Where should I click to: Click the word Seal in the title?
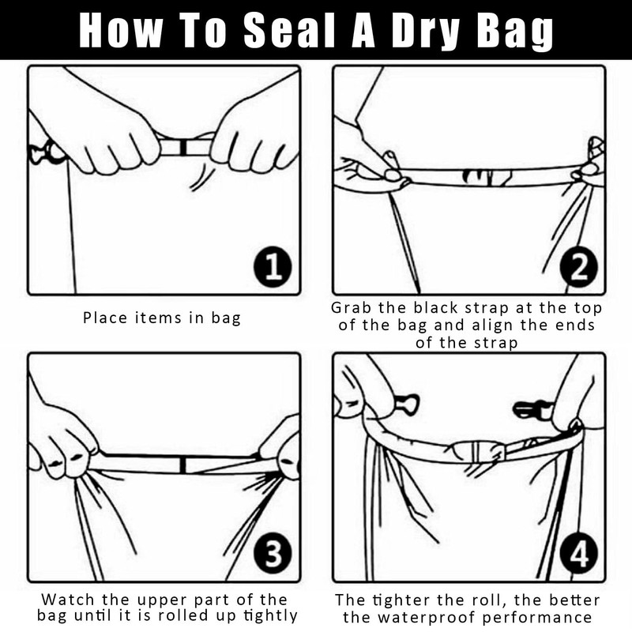pos(290,31)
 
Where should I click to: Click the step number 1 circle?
pos(273,266)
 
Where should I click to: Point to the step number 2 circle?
pos(579,266)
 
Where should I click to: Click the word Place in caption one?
pos(106,318)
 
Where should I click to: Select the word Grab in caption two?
pos(351,307)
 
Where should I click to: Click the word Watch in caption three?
pos(68,599)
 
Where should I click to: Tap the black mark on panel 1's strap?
pos(183,147)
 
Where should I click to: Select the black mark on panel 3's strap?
pos(182,465)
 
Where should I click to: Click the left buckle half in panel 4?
pos(406,404)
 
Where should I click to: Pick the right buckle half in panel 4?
pos(532,409)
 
